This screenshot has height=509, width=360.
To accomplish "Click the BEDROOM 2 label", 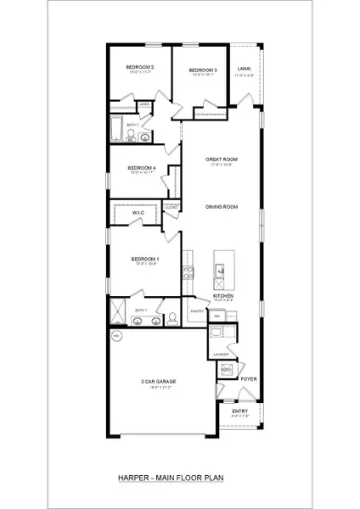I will click(x=140, y=67).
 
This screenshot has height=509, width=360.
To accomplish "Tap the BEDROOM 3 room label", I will click(x=202, y=70).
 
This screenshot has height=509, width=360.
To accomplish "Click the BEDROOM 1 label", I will click(x=144, y=258).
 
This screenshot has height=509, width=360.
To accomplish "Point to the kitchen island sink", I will click(x=219, y=271).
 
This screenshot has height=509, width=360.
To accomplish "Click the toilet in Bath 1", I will click(x=172, y=318).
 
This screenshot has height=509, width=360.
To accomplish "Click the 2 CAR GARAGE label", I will click(x=159, y=381).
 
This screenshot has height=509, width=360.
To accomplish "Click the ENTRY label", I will click(x=241, y=411).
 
